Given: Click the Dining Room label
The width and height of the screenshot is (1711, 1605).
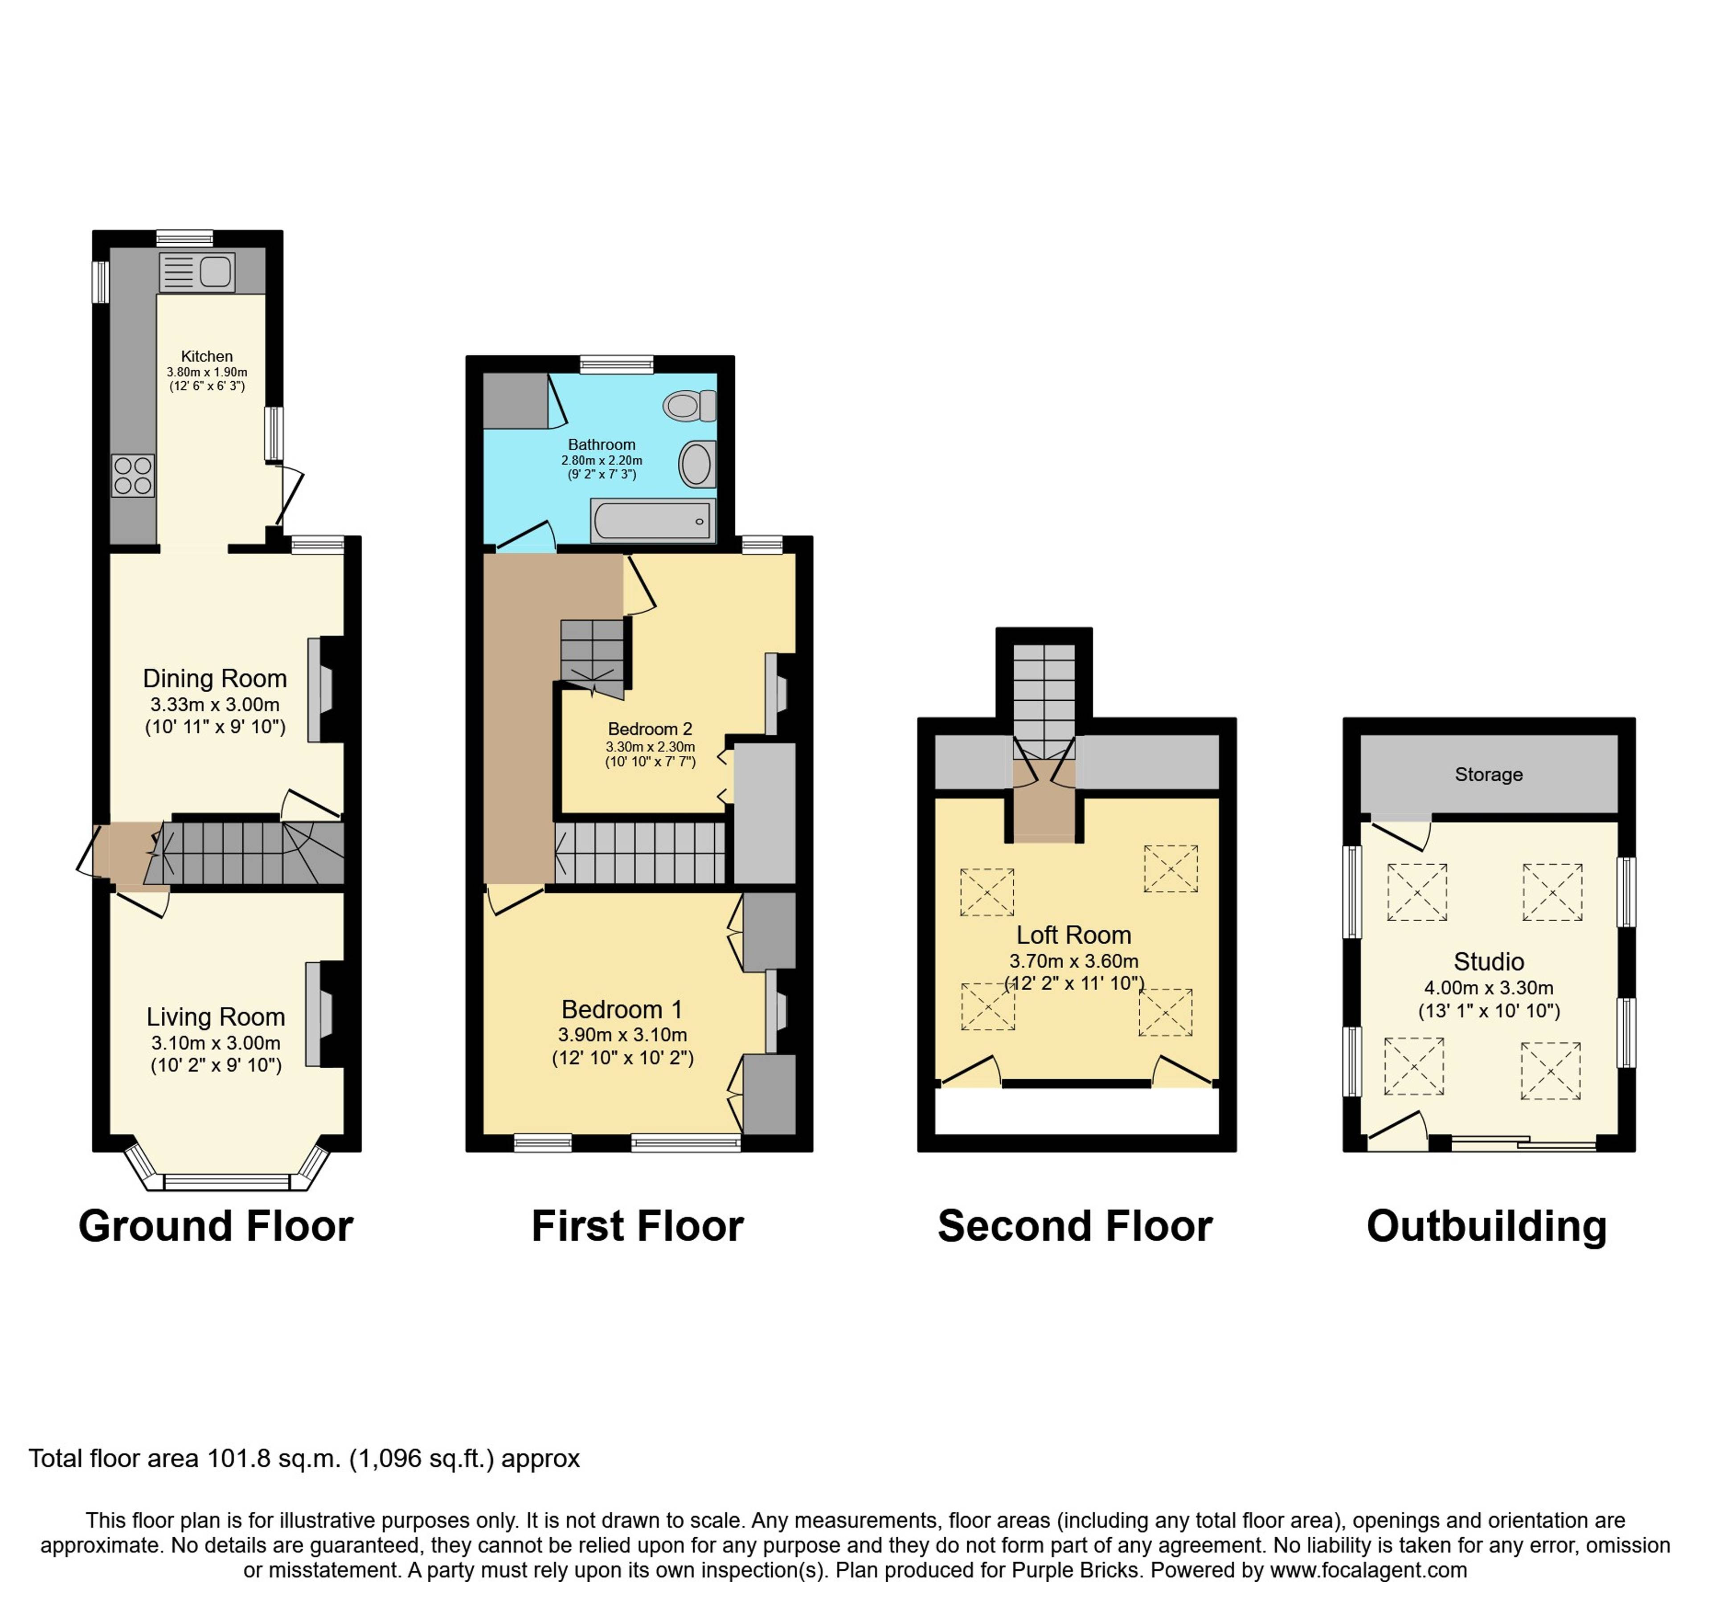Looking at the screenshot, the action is [x=215, y=679].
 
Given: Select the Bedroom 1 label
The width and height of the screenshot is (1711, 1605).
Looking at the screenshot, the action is [x=622, y=1009].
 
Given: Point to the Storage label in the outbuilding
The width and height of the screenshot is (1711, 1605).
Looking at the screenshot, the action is [x=1489, y=775].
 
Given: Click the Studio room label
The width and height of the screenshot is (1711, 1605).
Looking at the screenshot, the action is [x=1489, y=962].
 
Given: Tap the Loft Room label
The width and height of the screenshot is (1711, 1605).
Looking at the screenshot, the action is [x=1074, y=935].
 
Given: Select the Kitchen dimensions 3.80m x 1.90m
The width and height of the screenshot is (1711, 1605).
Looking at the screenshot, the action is [x=207, y=373].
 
